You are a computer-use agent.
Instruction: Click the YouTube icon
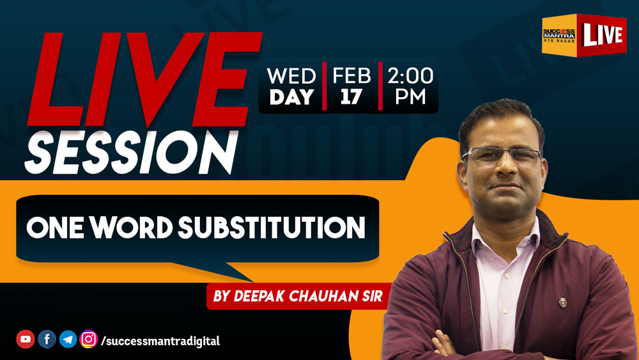tap(26, 339)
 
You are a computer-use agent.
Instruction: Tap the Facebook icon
tap(47, 339)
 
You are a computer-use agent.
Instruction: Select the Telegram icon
tap(68, 339)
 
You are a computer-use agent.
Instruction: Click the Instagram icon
tap(89, 339)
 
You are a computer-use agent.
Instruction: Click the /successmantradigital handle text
tap(160, 341)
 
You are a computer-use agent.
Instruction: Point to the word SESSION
tap(132, 153)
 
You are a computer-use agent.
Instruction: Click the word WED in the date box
tap(291, 76)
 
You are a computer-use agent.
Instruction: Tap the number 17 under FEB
tap(351, 97)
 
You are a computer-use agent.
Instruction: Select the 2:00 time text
tap(410, 76)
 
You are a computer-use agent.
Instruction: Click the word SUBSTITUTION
tap(272, 228)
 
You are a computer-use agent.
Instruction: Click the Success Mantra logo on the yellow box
tap(558, 35)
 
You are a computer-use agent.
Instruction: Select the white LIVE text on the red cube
tap(603, 35)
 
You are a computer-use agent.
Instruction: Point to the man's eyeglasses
tap(502, 155)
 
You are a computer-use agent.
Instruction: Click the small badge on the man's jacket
tap(563, 302)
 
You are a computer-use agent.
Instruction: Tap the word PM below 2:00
tap(410, 97)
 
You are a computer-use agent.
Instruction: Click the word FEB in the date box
tap(351, 76)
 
